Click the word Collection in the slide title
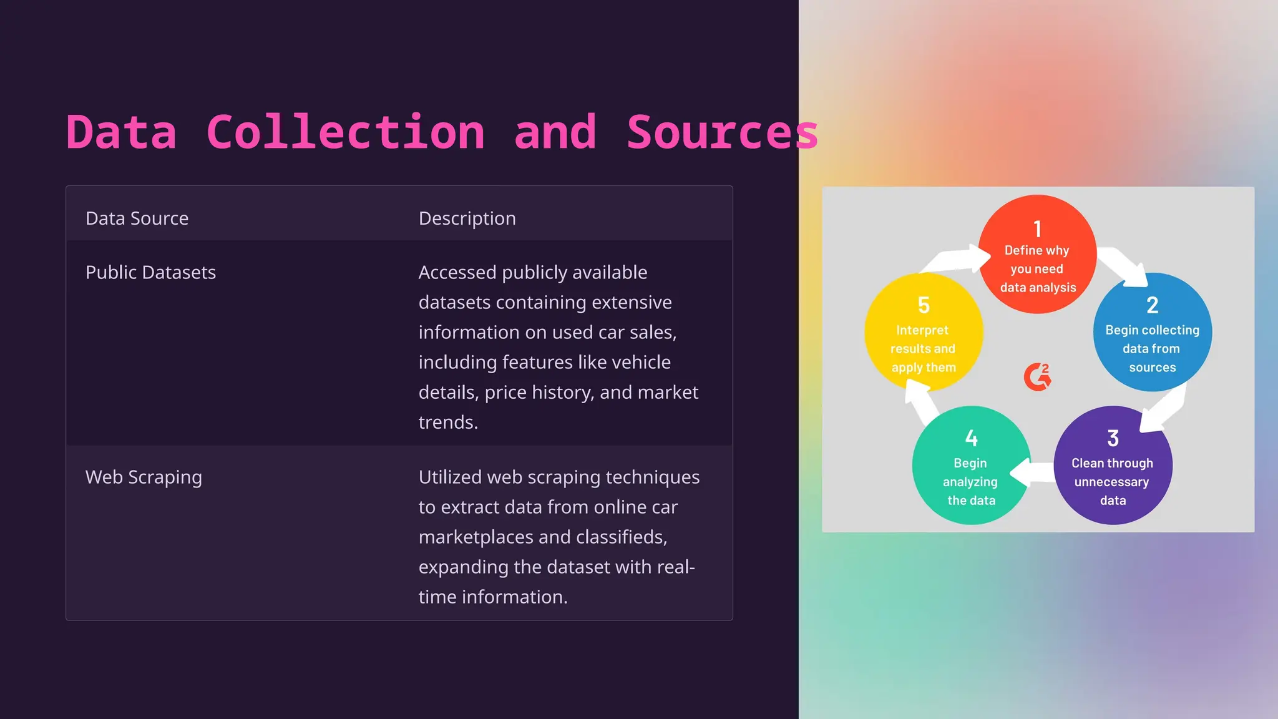click(x=345, y=132)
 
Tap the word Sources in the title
click(x=722, y=132)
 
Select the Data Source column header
click(x=137, y=218)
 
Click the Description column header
click(x=467, y=218)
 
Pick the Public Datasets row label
click(x=150, y=272)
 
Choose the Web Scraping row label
click(x=144, y=477)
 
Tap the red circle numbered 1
click(x=1037, y=254)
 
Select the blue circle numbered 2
click(x=1152, y=333)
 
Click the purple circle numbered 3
click(x=1113, y=466)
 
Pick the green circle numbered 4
click(x=970, y=466)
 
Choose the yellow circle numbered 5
click(x=924, y=333)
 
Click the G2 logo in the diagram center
click(x=1037, y=377)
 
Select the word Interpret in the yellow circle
click(x=922, y=330)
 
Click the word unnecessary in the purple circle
click(x=1111, y=482)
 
